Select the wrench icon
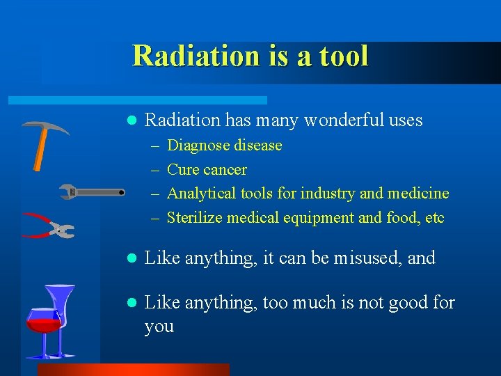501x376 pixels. (x=90, y=191)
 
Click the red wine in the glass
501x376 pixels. (x=43, y=324)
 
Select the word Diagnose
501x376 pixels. (x=198, y=146)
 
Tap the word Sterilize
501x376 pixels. (x=195, y=218)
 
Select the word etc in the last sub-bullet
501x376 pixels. (x=435, y=218)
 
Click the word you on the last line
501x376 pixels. (x=159, y=326)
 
